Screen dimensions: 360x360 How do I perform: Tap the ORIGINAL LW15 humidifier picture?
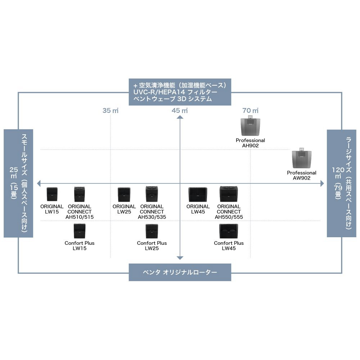click(52, 194)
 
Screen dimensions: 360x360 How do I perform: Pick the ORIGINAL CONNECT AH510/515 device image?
click(79, 194)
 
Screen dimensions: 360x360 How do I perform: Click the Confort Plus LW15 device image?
click(79, 231)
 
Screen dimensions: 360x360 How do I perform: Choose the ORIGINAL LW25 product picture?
click(124, 194)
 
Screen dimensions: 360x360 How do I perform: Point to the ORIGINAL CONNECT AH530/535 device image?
click(152, 194)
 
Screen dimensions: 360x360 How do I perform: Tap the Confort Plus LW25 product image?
click(152, 231)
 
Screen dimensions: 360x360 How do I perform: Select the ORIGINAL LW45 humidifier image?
click(198, 194)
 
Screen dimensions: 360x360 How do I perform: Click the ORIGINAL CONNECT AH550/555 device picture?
click(228, 194)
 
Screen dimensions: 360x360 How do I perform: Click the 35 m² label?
click(111, 111)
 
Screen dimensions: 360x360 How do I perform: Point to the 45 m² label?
click(180, 111)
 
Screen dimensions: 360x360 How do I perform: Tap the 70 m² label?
click(250, 111)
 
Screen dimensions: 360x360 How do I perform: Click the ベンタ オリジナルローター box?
click(180, 272)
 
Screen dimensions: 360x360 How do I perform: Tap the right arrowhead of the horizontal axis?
click(321, 184)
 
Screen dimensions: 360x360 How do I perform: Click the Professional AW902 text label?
click(302, 175)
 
